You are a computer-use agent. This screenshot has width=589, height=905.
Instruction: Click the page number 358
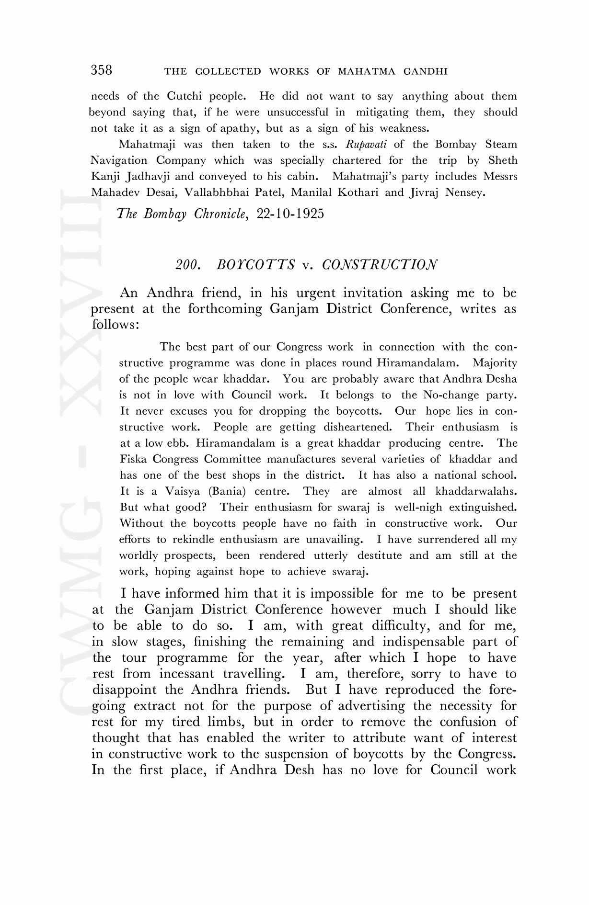coord(102,70)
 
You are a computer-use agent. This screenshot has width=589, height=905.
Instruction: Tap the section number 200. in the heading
coord(187,265)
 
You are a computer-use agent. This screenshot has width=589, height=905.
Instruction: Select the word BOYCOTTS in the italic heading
coord(255,265)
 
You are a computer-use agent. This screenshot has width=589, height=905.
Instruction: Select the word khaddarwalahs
coord(476,491)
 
